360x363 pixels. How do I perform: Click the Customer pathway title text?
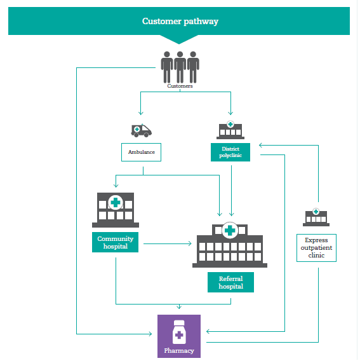coord(180,22)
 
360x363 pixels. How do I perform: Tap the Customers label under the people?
coord(180,86)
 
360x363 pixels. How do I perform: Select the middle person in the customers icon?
coord(180,67)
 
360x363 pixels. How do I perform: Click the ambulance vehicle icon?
coord(142,131)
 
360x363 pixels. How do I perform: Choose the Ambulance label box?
coord(142,152)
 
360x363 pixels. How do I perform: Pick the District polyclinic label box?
coord(230,152)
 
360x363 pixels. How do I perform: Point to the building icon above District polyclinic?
coord(230,130)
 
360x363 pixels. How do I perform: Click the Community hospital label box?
coord(115,242)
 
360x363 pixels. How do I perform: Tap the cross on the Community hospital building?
coord(116,203)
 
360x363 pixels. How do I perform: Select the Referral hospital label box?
coord(230,282)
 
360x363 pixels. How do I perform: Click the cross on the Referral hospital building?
coord(230,230)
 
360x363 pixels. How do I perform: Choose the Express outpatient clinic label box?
coord(316,248)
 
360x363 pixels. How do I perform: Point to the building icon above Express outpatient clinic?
coord(316,217)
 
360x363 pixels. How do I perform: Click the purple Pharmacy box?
coord(179,336)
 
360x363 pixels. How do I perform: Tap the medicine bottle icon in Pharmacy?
coord(179,332)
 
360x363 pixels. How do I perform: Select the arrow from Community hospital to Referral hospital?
coord(168,243)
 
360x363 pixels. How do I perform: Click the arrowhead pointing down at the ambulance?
coord(141,113)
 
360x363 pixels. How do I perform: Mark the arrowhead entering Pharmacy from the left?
coord(150,334)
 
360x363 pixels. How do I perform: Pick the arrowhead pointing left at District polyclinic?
coord(261,145)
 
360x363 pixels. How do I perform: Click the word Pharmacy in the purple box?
coord(179,351)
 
